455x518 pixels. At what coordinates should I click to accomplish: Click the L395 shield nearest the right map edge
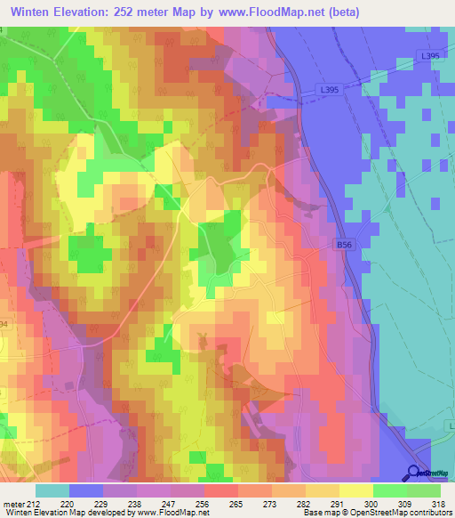(x=430, y=56)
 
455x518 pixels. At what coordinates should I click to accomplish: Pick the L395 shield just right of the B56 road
(x=330, y=91)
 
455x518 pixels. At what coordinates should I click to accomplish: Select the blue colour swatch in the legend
(x=85, y=490)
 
